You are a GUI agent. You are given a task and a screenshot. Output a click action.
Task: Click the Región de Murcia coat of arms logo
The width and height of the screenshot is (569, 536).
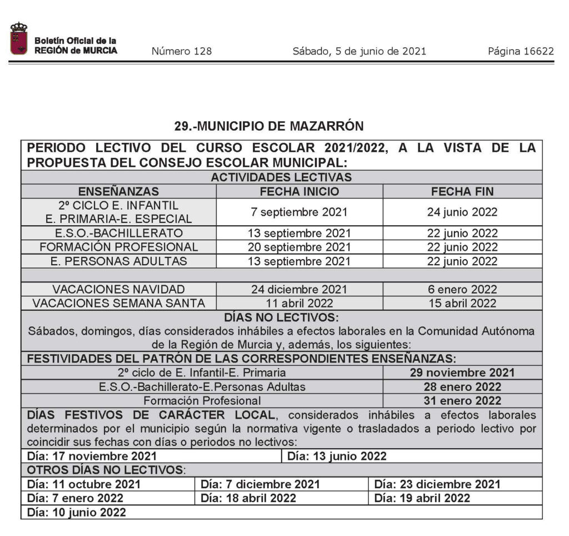[18, 39]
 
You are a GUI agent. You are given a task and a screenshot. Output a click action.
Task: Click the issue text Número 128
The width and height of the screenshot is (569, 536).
[181, 52]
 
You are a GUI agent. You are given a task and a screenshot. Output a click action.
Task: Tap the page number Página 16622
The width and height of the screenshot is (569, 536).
[521, 52]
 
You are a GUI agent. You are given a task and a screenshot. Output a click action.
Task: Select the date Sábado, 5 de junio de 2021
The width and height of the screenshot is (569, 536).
[359, 52]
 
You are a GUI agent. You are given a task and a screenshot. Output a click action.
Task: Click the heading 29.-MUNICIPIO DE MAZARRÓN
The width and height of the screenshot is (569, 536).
[269, 126]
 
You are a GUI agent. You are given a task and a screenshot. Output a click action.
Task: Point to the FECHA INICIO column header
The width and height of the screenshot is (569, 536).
[300, 192]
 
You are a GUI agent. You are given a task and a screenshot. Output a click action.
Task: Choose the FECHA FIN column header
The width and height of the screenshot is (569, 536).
[462, 192]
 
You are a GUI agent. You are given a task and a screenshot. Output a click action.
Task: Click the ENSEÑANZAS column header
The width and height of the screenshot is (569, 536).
[118, 192]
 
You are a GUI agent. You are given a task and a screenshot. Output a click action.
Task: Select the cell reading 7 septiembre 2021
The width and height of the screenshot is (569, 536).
[300, 212]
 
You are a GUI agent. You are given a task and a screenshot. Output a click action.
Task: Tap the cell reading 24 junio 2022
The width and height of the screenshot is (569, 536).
[462, 212]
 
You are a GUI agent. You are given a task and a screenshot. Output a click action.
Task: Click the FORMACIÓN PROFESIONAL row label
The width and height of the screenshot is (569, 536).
[118, 247]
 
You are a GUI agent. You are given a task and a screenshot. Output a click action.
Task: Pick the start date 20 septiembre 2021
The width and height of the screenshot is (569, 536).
[300, 247]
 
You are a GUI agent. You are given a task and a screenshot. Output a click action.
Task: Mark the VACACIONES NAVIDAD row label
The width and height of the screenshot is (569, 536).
[118, 289]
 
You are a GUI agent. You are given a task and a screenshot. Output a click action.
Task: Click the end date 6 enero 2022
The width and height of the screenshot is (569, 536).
[462, 289]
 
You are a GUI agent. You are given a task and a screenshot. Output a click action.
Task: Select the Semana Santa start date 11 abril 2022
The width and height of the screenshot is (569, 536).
[300, 303]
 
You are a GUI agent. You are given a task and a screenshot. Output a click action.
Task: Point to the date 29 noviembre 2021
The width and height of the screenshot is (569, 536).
[462, 373]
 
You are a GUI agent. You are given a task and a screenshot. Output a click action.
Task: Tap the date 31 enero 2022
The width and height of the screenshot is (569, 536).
[462, 400]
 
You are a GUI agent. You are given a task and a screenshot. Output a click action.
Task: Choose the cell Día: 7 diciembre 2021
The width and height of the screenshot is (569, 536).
[261, 484]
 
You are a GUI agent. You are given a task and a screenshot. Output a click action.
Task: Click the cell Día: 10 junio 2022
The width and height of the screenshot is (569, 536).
[77, 512]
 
